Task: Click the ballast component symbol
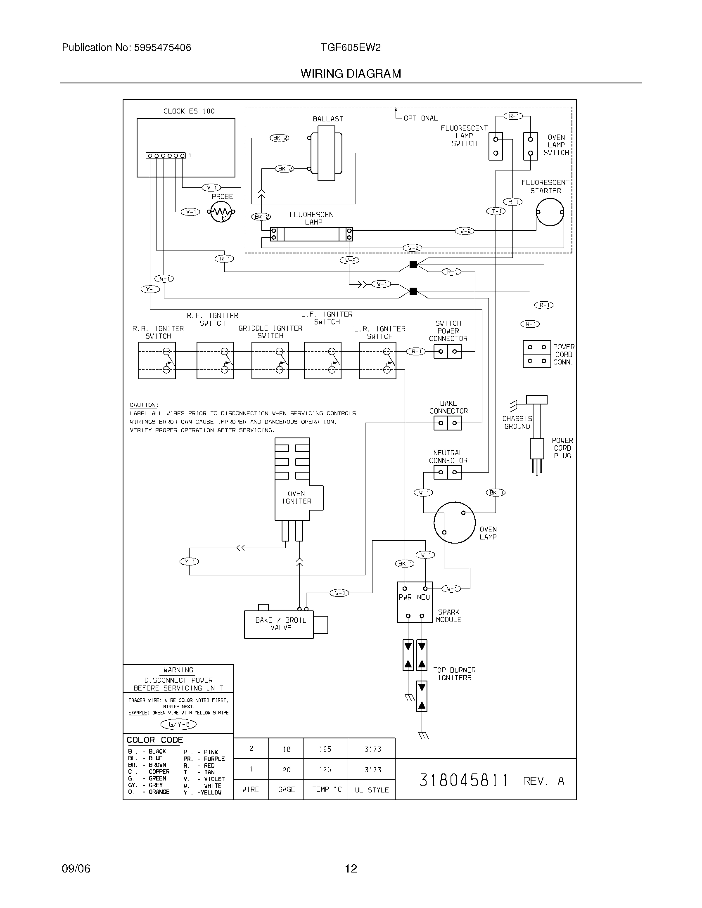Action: coord(327,156)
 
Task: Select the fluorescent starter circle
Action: coord(550,212)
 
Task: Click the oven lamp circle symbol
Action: coord(454,522)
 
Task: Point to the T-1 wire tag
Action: coord(496,211)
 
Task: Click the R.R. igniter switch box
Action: coord(157,360)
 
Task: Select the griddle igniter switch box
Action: coord(270,360)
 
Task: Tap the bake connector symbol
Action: coord(448,423)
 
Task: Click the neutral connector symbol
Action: coord(448,472)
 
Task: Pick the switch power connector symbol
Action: coord(448,352)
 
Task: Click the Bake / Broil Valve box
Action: coord(279,624)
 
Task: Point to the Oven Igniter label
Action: coord(296,497)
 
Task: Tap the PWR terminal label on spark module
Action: coord(405,598)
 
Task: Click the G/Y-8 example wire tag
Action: coord(178,725)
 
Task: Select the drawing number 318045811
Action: coord(464,781)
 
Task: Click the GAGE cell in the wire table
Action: coord(286,790)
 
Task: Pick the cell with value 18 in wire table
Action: coord(286,749)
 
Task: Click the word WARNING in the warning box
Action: coord(178,670)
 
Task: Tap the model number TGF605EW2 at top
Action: coord(351,47)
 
